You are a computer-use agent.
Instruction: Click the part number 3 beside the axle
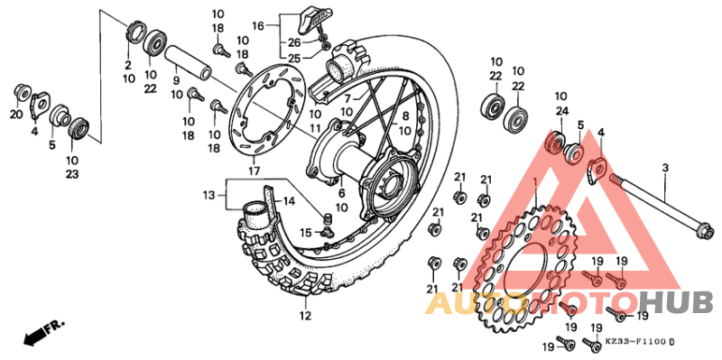pos(664,168)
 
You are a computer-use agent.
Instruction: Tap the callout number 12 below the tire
pos(305,316)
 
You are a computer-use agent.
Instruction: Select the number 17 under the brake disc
pos(254,171)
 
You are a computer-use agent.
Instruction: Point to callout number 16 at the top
pos(258,27)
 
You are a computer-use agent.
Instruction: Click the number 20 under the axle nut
pos(15,114)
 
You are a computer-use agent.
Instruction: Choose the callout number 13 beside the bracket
pos(209,195)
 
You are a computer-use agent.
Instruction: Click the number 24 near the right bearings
pos(562,112)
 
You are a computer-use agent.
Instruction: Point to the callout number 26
pos(294,42)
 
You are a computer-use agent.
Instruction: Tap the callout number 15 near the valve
pos(306,232)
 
